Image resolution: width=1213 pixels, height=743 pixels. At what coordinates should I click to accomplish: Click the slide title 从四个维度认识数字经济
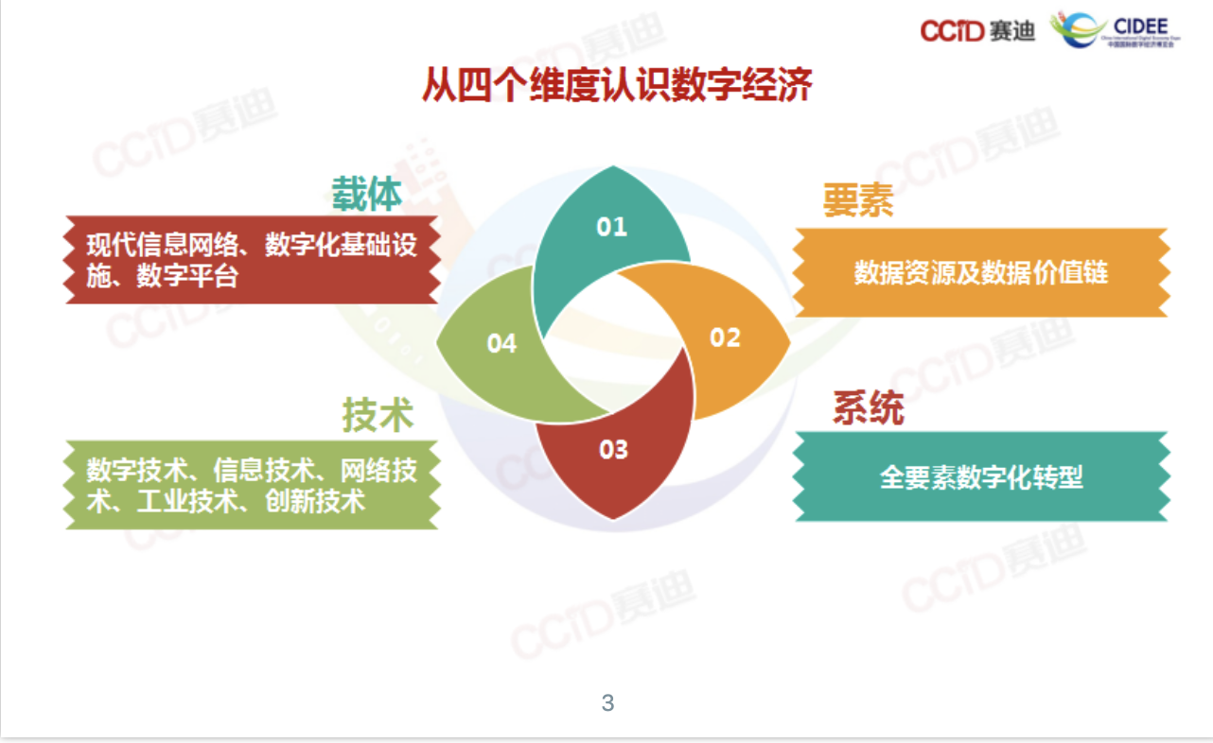click(617, 84)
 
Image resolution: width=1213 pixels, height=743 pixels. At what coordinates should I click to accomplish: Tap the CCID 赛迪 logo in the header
click(977, 30)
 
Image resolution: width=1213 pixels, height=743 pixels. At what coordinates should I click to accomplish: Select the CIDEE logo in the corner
click(1115, 30)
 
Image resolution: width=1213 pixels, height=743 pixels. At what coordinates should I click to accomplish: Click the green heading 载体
click(366, 194)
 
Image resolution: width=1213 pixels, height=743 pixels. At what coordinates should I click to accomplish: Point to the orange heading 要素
click(858, 200)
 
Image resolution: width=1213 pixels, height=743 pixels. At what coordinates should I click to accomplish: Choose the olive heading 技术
click(378, 415)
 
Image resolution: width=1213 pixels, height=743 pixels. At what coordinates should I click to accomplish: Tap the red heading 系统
click(869, 407)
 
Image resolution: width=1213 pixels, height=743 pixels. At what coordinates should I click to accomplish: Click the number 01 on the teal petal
click(612, 227)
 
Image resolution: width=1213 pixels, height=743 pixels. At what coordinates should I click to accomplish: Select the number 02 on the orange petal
click(725, 337)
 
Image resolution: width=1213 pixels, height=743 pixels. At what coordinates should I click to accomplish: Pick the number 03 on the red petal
click(613, 450)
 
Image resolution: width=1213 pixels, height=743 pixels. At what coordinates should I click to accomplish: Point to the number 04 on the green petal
click(501, 344)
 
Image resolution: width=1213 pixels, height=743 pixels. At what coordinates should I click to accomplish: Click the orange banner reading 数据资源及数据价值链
click(980, 273)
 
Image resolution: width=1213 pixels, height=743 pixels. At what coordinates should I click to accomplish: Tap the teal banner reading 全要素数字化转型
click(980, 476)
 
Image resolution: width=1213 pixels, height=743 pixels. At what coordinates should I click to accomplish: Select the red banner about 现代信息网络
click(252, 260)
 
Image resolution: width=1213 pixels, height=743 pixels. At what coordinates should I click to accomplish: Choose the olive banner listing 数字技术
click(252, 485)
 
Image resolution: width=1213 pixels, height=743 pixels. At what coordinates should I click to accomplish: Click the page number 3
click(607, 703)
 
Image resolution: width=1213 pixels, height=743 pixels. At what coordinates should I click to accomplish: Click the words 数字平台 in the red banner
click(187, 276)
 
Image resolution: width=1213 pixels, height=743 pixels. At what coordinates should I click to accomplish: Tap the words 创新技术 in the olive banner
click(315, 501)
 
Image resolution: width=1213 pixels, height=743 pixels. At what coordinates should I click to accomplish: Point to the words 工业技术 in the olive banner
click(187, 501)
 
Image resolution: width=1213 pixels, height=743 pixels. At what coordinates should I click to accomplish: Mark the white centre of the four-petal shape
click(613, 343)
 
